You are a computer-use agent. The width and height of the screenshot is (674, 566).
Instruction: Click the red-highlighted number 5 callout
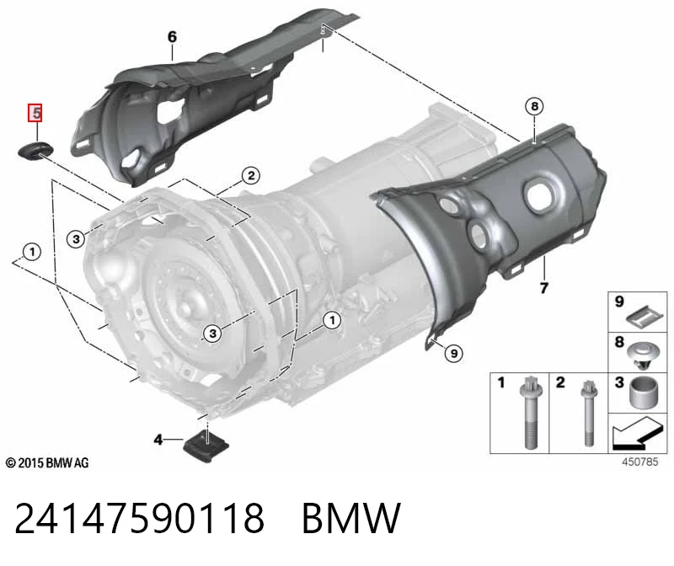[35, 113]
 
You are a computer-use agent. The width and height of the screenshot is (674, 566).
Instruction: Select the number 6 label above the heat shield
[172, 36]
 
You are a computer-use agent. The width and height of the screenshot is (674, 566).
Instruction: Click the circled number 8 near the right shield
[534, 106]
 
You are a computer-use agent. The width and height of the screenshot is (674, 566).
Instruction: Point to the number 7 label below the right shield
[543, 287]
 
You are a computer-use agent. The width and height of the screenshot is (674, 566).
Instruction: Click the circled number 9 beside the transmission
[454, 354]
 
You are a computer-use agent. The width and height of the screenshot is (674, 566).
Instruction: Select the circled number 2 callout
[251, 175]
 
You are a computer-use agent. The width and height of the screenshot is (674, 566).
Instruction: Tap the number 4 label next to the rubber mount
[158, 440]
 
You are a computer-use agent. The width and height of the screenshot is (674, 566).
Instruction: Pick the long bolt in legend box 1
[529, 412]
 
